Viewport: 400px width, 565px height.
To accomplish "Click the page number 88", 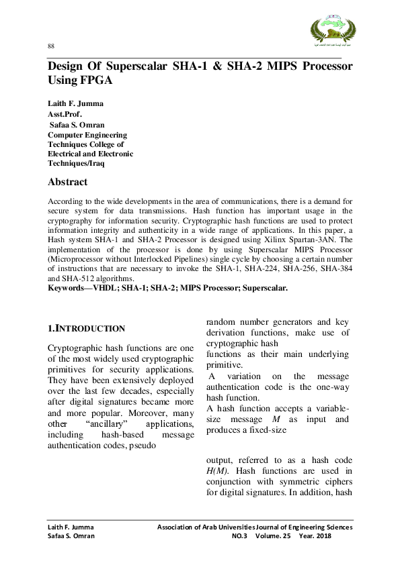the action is [51, 46].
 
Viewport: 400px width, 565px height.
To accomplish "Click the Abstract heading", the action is [67, 182].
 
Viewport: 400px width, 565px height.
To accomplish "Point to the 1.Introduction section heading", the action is [86, 329].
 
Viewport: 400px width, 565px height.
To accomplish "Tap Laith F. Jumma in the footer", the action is [70, 527].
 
